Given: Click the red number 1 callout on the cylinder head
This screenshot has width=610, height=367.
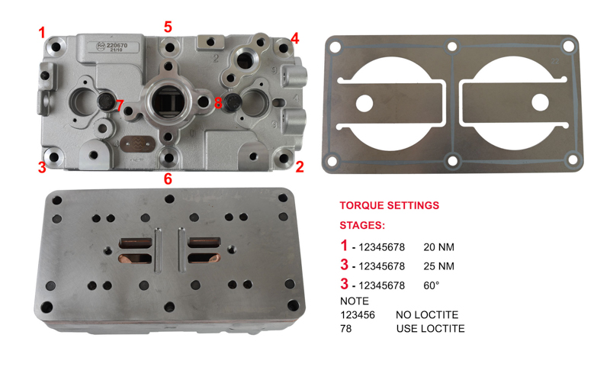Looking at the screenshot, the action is click(43, 33).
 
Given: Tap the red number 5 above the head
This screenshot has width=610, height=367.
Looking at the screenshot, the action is click(168, 27).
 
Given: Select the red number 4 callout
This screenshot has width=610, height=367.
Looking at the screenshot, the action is click(295, 38).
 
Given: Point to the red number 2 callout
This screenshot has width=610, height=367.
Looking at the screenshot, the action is click(299, 167).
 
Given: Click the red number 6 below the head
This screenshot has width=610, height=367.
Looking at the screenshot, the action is click(168, 179).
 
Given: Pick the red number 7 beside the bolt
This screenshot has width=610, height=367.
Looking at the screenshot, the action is click(120, 105).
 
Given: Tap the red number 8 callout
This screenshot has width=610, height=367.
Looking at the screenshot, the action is click(218, 103).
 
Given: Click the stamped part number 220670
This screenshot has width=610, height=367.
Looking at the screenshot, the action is click(117, 46).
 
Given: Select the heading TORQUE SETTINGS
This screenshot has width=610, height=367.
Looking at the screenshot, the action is click(390, 205).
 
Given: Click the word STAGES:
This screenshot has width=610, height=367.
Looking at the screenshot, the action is click(362, 225).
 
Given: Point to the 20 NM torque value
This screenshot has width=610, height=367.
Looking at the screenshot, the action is click(439, 247).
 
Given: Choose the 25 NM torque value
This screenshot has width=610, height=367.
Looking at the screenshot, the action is click(439, 266).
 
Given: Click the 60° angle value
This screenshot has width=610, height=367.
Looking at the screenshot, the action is click(432, 285).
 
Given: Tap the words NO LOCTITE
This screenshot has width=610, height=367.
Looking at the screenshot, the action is click(427, 315).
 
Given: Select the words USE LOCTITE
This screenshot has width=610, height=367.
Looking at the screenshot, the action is click(431, 329).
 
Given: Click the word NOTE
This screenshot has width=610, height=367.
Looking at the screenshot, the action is click(355, 301).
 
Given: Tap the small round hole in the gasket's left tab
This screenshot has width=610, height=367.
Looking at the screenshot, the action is click(364, 104).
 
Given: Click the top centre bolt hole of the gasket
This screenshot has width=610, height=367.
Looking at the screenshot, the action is click(452, 47).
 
